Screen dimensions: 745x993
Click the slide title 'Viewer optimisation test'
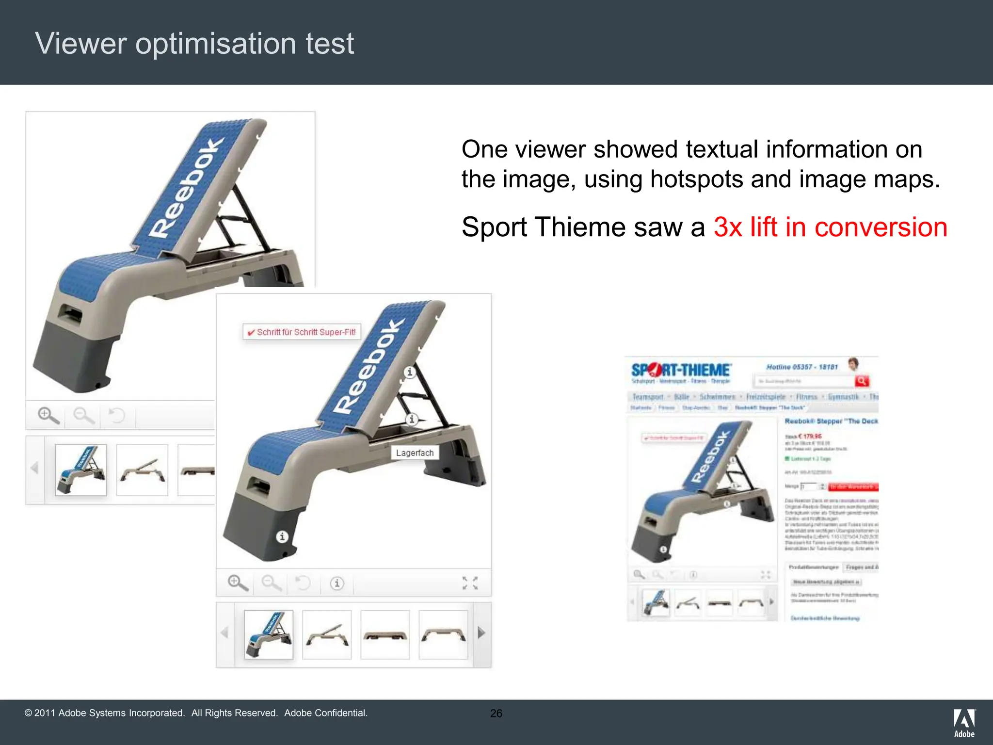pyautogui.click(x=194, y=44)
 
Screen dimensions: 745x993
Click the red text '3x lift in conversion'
pyautogui.click(x=830, y=227)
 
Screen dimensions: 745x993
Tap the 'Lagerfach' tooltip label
pyautogui.click(x=415, y=453)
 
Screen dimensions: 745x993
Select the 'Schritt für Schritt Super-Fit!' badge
pyautogui.click(x=302, y=332)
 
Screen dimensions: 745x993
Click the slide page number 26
pyautogui.click(x=496, y=713)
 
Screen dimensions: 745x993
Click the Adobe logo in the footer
pyautogui.click(x=964, y=723)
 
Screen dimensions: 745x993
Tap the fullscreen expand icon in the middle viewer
pyautogui.click(x=470, y=583)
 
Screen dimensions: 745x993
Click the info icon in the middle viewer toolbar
pyautogui.click(x=337, y=583)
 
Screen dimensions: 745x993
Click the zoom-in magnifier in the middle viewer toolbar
pyautogui.click(x=238, y=583)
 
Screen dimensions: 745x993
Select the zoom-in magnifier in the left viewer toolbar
pyautogui.click(x=48, y=415)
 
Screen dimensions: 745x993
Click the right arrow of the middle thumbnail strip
pyautogui.click(x=481, y=632)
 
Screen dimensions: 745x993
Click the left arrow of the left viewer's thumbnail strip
pyautogui.click(x=34, y=468)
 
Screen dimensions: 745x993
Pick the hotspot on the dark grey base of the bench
pyautogui.click(x=282, y=536)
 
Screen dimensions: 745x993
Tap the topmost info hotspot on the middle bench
pyautogui.click(x=410, y=372)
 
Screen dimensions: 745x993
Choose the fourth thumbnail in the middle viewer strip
pyautogui.click(x=443, y=634)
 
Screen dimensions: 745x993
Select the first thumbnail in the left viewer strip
pyautogui.click(x=81, y=470)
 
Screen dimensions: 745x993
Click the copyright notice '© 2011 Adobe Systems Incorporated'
pyautogui.click(x=105, y=713)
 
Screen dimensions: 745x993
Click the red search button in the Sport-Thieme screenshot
pyautogui.click(x=862, y=381)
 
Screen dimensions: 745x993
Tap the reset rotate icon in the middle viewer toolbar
pyautogui.click(x=303, y=583)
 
